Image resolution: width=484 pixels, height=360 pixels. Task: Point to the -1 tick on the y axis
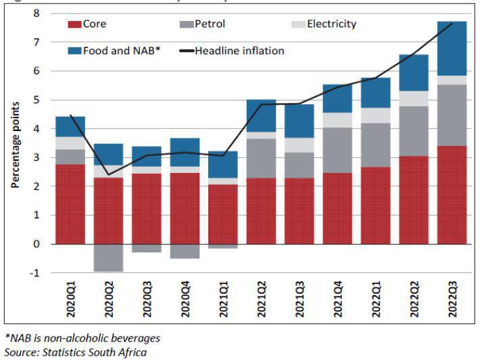point(35,273)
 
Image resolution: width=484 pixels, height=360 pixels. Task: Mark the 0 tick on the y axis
point(37,244)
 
